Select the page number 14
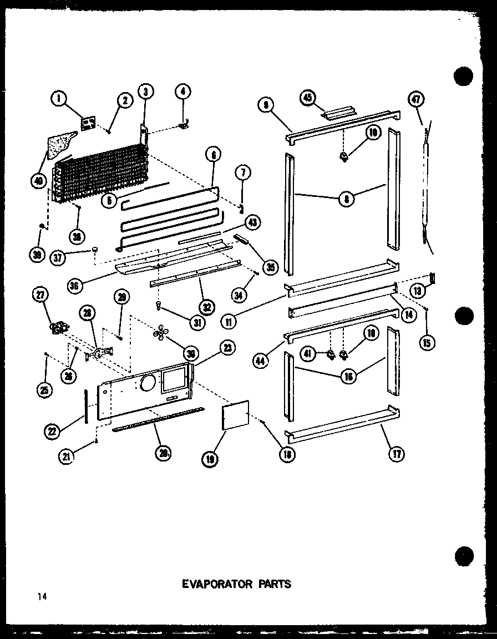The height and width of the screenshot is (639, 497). (x=42, y=596)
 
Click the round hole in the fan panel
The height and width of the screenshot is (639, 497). (x=148, y=383)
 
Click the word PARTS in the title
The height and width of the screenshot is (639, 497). (x=273, y=584)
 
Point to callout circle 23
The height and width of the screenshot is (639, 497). (x=227, y=348)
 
